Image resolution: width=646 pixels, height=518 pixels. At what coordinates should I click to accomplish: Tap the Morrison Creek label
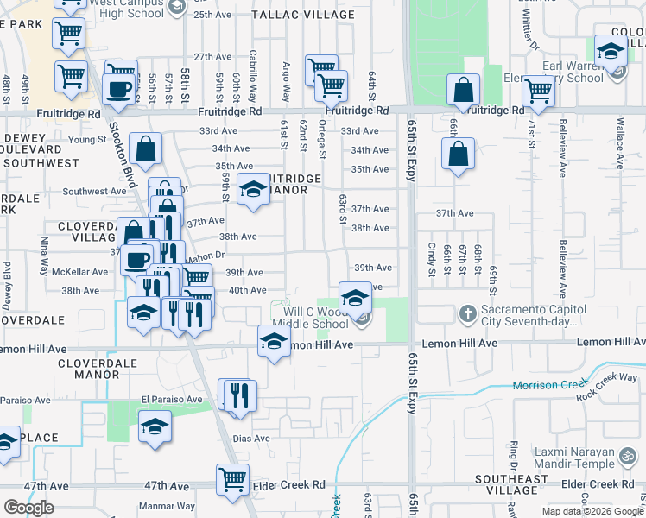548,385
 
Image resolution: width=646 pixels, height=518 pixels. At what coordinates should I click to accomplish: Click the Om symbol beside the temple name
630,453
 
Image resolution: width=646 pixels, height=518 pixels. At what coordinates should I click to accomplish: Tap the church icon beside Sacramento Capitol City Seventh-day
467,312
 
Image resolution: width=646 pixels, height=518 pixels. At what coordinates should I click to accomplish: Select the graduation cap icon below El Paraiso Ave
155,426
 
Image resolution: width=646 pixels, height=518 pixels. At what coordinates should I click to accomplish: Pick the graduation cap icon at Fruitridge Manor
252,188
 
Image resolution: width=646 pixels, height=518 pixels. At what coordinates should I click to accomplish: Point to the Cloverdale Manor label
89,370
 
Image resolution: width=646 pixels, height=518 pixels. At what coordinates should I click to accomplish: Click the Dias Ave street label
251,438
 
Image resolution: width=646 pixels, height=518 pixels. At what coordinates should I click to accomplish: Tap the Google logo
28,508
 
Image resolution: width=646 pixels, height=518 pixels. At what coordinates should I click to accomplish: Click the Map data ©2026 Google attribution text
591,511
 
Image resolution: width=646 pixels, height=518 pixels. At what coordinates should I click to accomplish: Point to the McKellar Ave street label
79,271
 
